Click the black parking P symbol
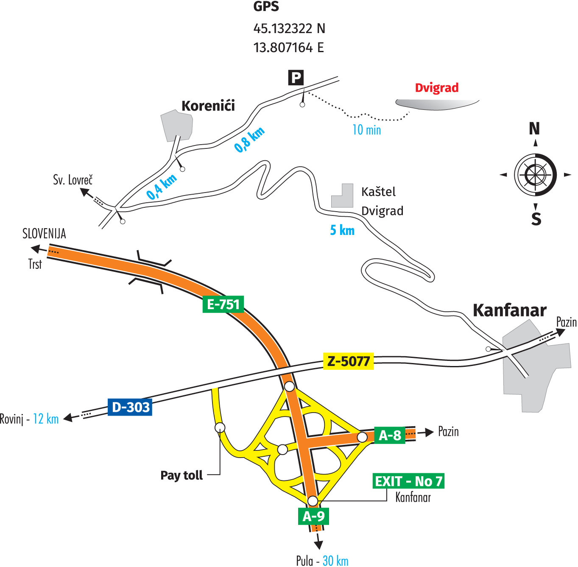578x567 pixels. [x=296, y=78]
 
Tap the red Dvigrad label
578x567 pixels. [x=436, y=88]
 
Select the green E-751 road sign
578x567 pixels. [x=223, y=304]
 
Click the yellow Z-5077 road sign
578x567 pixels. [x=348, y=361]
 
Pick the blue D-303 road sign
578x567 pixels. [x=130, y=407]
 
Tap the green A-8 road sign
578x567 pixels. [x=390, y=435]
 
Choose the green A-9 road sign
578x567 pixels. [x=313, y=516]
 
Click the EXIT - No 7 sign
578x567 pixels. [x=408, y=481]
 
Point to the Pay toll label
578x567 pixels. [x=181, y=475]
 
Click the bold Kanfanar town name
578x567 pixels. [x=509, y=310]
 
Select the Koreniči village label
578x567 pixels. [x=208, y=106]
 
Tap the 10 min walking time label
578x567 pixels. [x=366, y=130]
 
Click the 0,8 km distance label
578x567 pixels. [x=249, y=139]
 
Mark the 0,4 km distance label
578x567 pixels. [x=162, y=187]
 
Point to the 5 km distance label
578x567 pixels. [x=342, y=230]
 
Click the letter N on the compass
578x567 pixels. [x=534, y=128]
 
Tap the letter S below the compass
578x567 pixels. [x=536, y=219]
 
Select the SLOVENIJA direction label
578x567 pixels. [x=44, y=234]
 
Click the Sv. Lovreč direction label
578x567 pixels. [x=73, y=180]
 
